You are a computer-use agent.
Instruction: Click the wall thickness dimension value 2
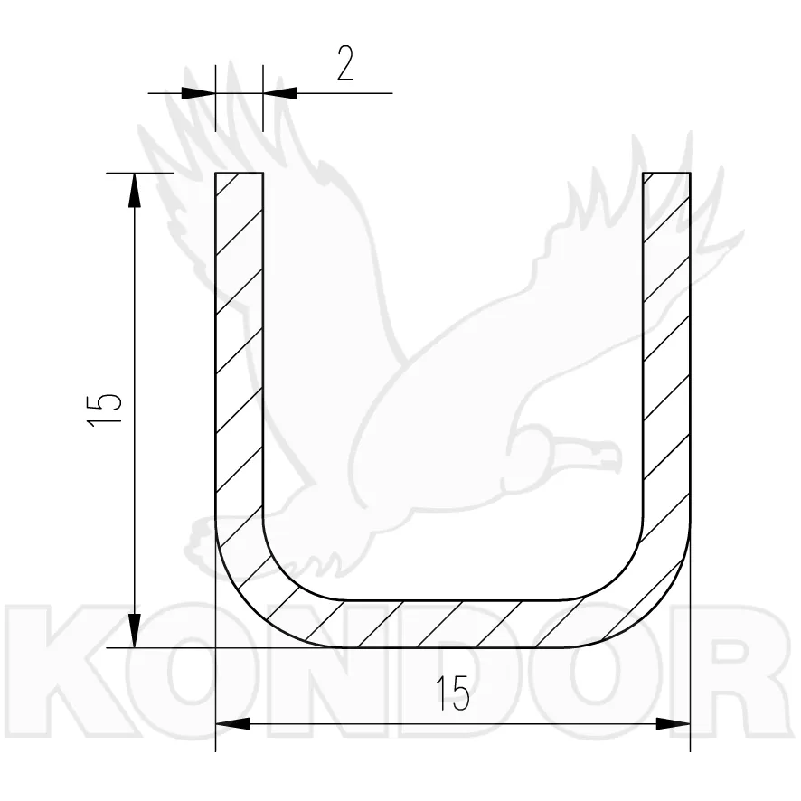point(345,63)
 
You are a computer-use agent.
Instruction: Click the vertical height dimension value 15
point(104,410)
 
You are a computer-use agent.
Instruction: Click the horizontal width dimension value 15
point(453,693)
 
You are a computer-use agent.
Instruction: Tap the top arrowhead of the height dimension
point(135,190)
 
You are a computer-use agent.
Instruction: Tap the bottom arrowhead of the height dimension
point(135,631)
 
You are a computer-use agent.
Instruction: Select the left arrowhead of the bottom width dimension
point(232,723)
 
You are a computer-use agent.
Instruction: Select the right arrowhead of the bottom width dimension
point(673,723)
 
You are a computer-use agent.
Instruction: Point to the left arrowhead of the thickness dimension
point(198,93)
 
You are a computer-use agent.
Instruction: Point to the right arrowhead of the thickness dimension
point(280,93)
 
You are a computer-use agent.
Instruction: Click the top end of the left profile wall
point(239,174)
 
